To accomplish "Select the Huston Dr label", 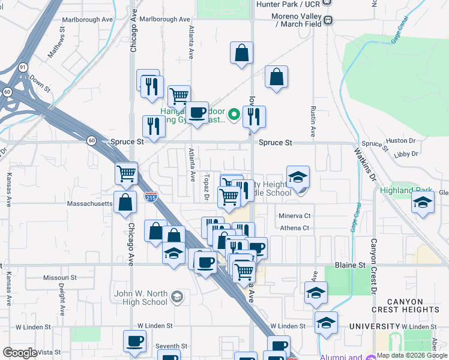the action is [x=401, y=141].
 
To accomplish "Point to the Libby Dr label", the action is [x=406, y=154].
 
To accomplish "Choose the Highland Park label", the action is [x=406, y=191].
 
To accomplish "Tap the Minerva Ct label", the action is [x=294, y=215].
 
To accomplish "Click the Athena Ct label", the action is [x=294, y=228].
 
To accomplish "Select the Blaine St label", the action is [x=349, y=265].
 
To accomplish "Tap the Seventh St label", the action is [x=171, y=346].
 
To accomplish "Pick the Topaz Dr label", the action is [x=205, y=188].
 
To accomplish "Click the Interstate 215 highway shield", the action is [x=151, y=196].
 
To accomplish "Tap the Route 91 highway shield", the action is [x=23, y=67].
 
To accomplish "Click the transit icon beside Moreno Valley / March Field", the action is [x=328, y=20].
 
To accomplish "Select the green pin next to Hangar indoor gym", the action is [x=235, y=112].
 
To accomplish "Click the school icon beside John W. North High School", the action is [x=177, y=296].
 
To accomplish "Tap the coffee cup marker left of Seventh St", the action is [x=134, y=341].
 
